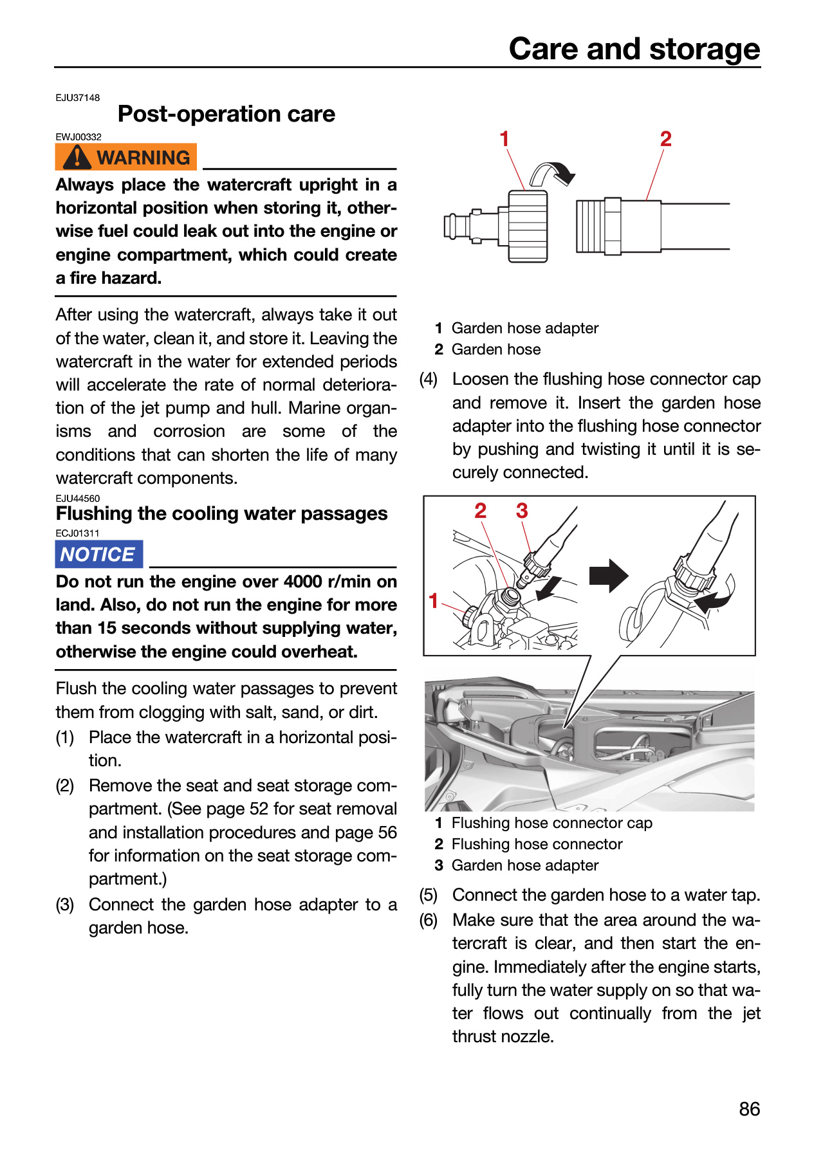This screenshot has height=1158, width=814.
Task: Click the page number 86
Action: [x=750, y=1109]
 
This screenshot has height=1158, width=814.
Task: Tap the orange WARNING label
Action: [x=125, y=157]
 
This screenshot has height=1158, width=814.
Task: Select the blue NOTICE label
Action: [x=99, y=554]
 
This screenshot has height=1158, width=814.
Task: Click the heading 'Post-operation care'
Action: [x=227, y=114]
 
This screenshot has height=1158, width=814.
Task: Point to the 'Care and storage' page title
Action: [x=634, y=48]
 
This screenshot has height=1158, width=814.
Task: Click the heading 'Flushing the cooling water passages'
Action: [x=221, y=513]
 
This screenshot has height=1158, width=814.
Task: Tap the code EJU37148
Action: [x=78, y=98]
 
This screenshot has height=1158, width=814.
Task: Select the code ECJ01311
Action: [x=77, y=533]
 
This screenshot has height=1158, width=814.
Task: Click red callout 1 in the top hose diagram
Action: [x=504, y=138]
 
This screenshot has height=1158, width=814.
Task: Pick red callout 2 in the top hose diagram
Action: [x=665, y=138]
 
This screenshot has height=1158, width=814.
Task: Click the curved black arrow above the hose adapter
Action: [x=552, y=173]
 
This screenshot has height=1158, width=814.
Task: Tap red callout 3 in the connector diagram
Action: [x=522, y=511]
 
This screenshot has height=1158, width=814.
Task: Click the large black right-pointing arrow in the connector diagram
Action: [x=608, y=575]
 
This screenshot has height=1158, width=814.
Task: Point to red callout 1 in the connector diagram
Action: [x=434, y=600]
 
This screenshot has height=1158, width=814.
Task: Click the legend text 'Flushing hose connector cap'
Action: [x=552, y=823]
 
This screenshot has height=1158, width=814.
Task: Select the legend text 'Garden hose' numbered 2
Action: [x=496, y=349]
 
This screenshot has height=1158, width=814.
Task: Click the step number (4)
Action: [x=429, y=379]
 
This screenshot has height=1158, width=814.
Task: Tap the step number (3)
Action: [x=65, y=905]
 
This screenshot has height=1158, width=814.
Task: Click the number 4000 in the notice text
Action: [x=303, y=582]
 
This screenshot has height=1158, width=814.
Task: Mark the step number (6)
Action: [x=429, y=920]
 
